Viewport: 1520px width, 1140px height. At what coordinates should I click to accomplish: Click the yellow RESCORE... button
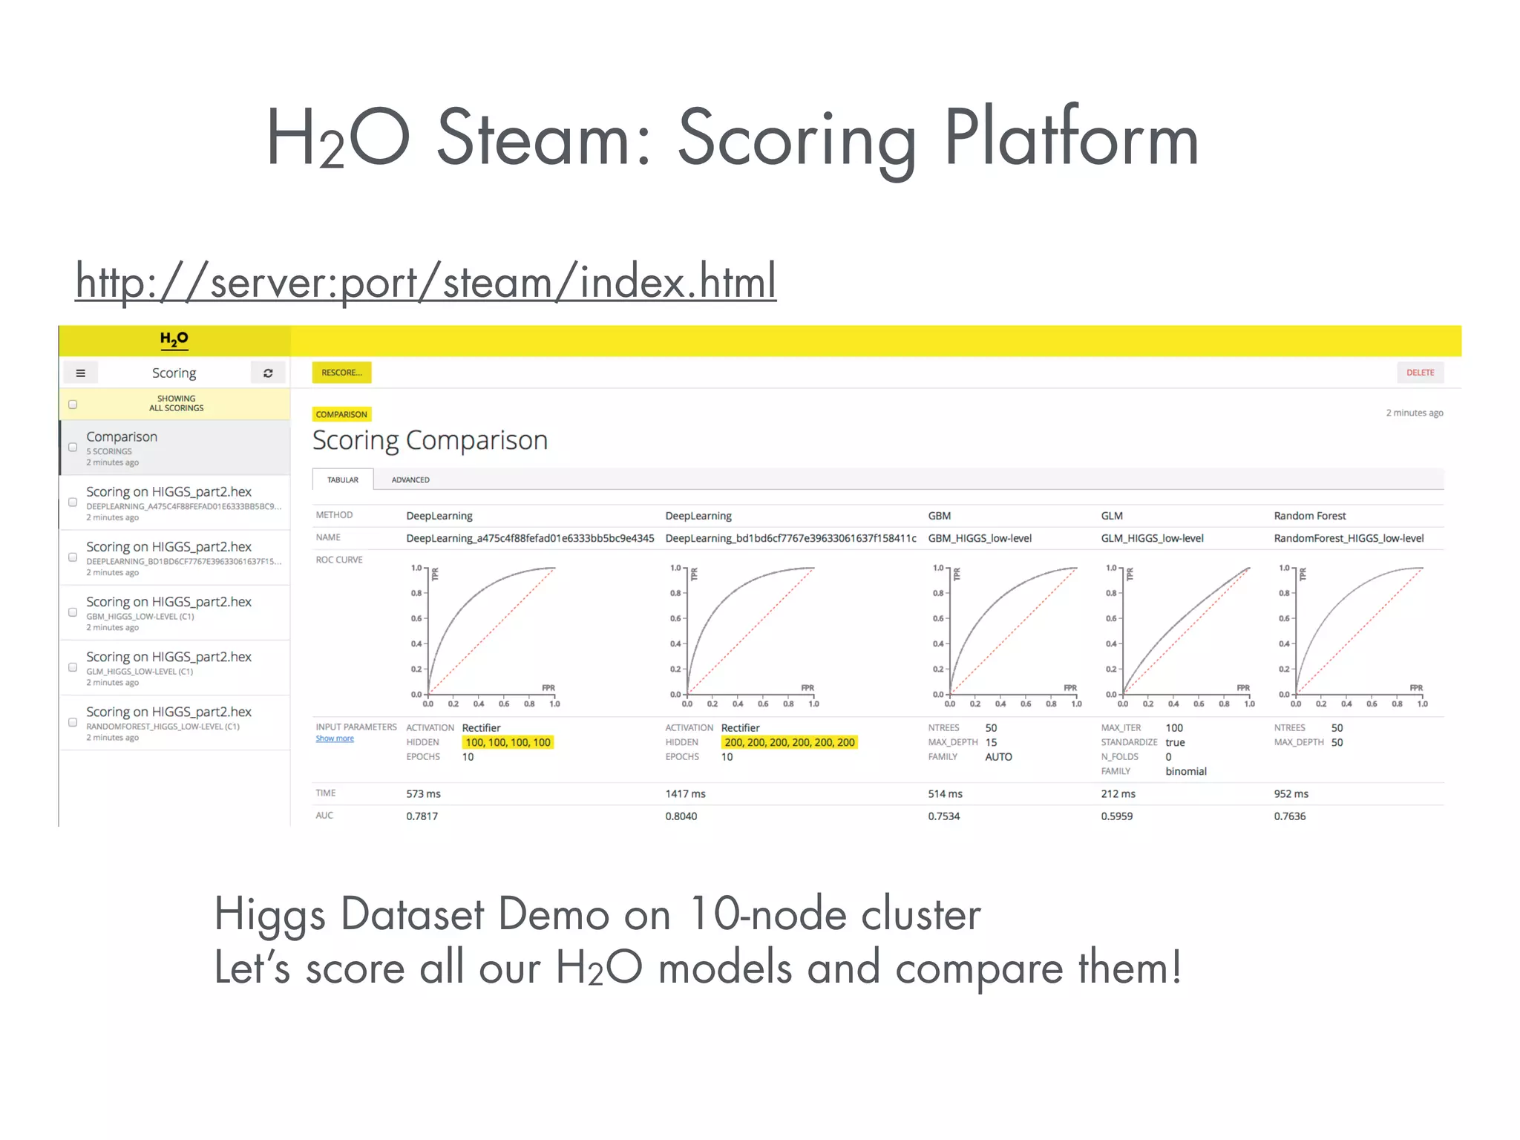341,373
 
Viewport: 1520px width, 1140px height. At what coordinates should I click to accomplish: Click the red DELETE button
1420,373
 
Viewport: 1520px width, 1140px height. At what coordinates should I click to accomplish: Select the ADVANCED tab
410,480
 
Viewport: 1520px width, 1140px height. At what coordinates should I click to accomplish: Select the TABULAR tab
343,480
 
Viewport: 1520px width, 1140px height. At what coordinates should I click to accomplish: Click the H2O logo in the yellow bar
174,340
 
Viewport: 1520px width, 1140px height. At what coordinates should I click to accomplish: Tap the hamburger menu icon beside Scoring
81,373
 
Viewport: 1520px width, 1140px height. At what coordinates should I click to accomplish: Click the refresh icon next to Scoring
268,373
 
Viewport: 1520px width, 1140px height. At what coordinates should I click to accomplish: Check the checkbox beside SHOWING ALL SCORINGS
73,404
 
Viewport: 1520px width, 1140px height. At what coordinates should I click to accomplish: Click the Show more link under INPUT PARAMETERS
335,738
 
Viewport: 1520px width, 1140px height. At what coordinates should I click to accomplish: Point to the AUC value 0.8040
681,816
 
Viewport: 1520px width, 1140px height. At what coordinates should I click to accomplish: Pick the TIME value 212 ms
1118,794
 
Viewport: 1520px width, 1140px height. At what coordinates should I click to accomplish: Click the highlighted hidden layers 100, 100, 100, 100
508,742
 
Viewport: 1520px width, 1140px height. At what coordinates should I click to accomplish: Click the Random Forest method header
1309,516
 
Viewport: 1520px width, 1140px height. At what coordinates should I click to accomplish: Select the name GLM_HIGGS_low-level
1152,538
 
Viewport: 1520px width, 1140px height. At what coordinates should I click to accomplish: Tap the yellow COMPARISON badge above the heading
341,415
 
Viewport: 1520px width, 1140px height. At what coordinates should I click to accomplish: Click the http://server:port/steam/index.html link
426,282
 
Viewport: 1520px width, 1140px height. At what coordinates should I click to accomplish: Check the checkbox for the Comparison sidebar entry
73,447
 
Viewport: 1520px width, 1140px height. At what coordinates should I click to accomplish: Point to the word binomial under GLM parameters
1186,772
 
